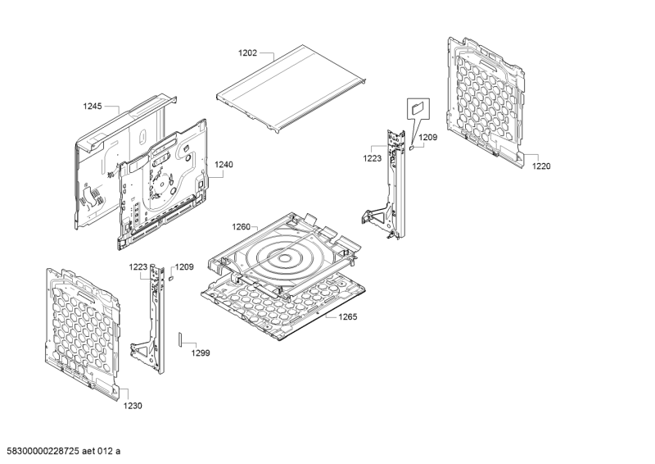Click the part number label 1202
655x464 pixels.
248,53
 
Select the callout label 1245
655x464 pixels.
93,107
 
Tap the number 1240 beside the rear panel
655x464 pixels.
224,165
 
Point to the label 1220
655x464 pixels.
541,166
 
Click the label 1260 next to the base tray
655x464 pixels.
241,227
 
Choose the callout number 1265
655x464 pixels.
347,316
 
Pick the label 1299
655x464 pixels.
201,353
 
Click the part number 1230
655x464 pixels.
133,406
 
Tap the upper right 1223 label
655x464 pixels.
373,158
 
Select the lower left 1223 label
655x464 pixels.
138,267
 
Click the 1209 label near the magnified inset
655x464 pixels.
427,137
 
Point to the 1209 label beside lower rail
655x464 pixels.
184,267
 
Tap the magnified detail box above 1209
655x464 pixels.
418,109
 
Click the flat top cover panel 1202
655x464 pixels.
291,89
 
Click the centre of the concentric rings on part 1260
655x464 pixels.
284,258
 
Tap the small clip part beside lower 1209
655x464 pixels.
170,277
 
